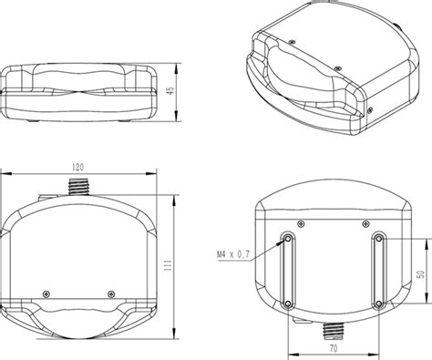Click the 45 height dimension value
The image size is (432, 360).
click(x=171, y=90)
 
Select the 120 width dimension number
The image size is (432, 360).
click(x=78, y=167)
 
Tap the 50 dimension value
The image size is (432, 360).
click(x=421, y=274)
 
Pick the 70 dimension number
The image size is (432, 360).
click(x=334, y=348)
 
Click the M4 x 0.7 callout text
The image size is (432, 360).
click(x=233, y=254)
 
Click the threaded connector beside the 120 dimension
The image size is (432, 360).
click(x=78, y=187)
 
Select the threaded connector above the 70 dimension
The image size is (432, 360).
click(x=334, y=330)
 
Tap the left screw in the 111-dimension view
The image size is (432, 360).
click(x=46, y=293)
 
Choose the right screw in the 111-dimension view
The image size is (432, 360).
click(x=111, y=293)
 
